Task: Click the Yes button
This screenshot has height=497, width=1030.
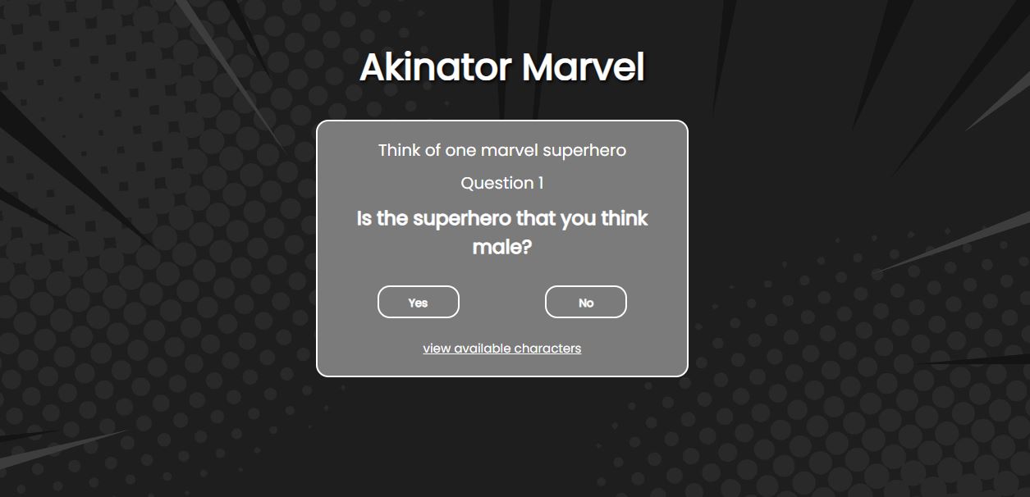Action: [x=418, y=302]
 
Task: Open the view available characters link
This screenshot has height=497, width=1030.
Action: [x=502, y=349]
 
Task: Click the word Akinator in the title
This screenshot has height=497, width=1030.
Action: [x=436, y=67]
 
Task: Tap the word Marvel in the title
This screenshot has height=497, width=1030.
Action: [x=583, y=67]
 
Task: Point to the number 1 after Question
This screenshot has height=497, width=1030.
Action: [x=541, y=183]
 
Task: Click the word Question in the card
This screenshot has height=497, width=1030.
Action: [x=497, y=183]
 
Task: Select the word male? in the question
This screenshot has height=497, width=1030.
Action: [x=502, y=247]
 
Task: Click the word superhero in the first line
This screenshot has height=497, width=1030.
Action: [x=584, y=151]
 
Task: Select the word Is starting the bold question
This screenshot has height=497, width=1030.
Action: [x=364, y=219]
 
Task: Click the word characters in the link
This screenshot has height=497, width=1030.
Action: [x=547, y=349]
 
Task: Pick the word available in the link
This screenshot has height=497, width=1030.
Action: [x=483, y=349]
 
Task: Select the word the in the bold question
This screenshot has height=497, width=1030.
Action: [x=392, y=218]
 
